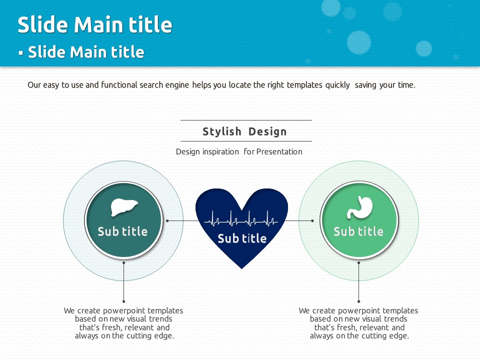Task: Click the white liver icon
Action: pyautogui.click(x=124, y=207)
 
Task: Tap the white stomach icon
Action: pyautogui.click(x=359, y=207)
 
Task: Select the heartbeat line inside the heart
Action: pyautogui.click(x=241, y=218)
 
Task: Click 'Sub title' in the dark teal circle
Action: pyautogui.click(x=122, y=231)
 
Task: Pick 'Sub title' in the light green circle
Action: pyautogui.click(x=358, y=231)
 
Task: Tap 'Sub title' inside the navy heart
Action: pyautogui.click(x=242, y=238)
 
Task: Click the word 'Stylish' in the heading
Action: pyautogui.click(x=222, y=131)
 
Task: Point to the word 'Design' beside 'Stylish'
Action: pyautogui.click(x=267, y=131)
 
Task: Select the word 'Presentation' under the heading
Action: pyautogui.click(x=279, y=151)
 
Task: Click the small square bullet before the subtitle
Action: pyautogui.click(x=21, y=53)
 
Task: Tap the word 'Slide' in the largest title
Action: pyautogui.click(x=42, y=24)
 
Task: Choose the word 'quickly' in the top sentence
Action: pyautogui.click(x=337, y=85)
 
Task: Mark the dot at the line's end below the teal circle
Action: pyautogui.click(x=123, y=301)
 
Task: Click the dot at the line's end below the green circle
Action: pyautogui.click(x=359, y=301)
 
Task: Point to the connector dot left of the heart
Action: pyautogui.click(x=167, y=220)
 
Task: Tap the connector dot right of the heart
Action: pyautogui.click(x=312, y=220)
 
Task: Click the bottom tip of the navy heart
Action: pyautogui.click(x=241, y=269)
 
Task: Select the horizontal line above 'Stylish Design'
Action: pyautogui.click(x=246, y=120)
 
